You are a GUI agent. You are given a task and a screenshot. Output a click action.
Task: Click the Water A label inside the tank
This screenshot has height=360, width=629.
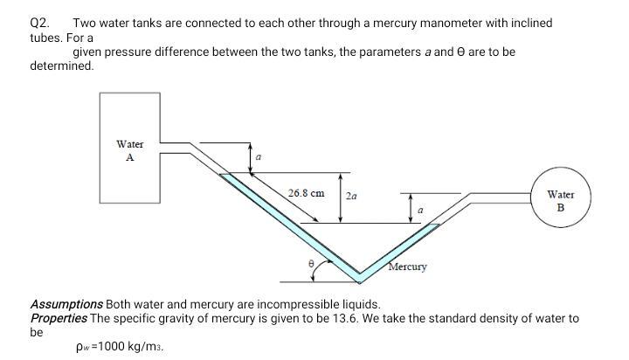(x=129, y=150)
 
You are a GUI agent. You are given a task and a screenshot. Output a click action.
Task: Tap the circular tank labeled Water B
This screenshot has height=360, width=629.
(x=560, y=202)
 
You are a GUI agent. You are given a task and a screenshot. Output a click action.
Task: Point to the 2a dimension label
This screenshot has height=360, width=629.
(x=351, y=197)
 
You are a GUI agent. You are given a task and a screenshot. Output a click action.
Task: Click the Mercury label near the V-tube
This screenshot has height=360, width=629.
(x=408, y=267)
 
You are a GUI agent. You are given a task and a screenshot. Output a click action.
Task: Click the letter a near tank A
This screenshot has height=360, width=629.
(x=258, y=156)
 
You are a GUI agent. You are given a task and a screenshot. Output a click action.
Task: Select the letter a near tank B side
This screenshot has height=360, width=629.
(x=421, y=210)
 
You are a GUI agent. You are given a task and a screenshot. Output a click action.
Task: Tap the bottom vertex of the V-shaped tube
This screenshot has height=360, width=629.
(x=359, y=278)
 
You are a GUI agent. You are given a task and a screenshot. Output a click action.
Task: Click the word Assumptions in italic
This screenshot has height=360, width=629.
(x=67, y=304)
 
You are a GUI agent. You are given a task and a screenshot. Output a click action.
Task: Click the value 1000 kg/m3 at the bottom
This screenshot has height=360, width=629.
(x=130, y=346)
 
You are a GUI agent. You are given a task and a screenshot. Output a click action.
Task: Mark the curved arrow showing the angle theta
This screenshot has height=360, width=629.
(x=316, y=273)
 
